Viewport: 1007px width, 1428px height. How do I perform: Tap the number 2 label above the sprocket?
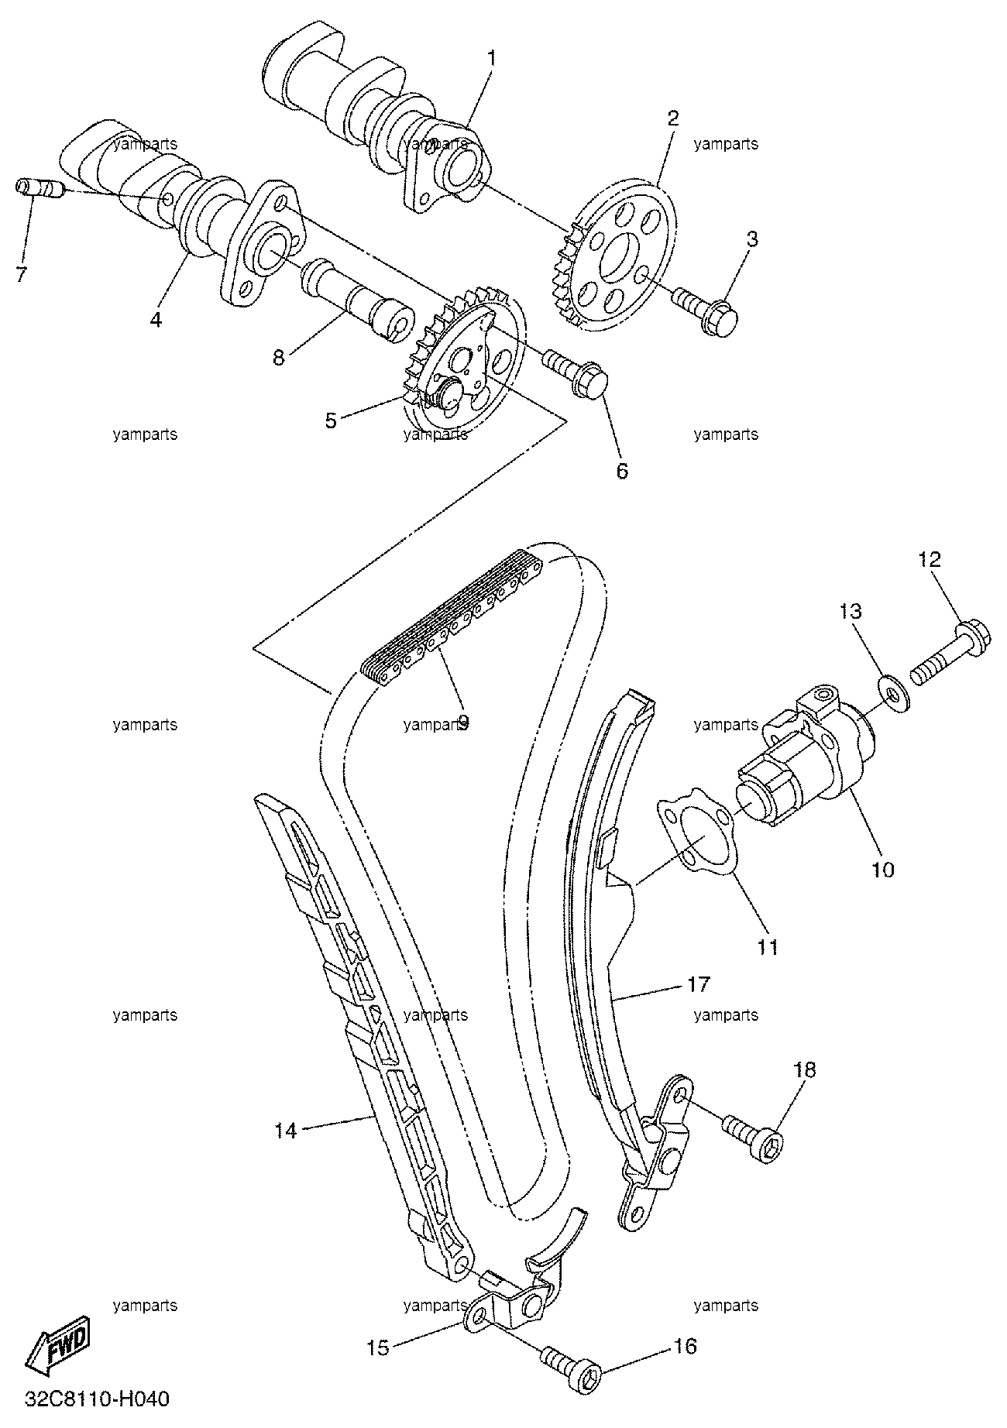tap(672, 118)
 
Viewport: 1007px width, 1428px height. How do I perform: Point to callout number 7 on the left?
tap(21, 273)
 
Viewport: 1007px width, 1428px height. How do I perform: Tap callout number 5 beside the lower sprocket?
tap(331, 421)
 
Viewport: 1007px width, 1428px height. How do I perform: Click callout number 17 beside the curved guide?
tap(698, 984)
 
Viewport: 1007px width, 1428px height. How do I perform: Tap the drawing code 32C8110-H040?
tap(98, 1399)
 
